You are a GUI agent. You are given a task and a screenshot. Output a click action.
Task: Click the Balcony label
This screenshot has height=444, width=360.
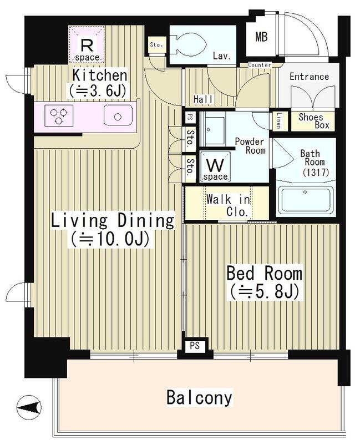pos(199,397)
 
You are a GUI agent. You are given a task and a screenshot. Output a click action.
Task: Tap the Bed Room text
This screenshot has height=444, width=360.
pos(265,274)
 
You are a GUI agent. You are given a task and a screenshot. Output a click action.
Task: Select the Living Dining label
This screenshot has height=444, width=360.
pos(113,221)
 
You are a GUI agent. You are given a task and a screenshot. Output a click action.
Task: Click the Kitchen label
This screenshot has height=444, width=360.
pos(100,75)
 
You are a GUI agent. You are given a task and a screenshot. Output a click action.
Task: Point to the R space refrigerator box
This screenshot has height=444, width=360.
pos(87,44)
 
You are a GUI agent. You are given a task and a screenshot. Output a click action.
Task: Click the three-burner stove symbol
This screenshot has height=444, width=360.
pos(59,115)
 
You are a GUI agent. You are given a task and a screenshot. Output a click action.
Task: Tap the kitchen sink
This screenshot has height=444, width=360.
pos(118,115)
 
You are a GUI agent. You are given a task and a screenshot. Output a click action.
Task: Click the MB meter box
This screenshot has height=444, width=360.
pos(261,37)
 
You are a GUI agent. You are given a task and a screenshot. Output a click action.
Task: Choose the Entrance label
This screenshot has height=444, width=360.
pos(309,77)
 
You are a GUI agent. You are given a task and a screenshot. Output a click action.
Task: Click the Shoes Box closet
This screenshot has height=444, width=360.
pos(313,121)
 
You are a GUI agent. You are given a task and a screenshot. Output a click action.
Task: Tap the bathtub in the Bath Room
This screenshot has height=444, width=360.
pos(305,199)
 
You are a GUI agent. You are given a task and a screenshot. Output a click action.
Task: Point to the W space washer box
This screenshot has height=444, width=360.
pos(216,167)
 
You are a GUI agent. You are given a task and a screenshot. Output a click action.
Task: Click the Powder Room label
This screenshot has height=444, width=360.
pos(250,145)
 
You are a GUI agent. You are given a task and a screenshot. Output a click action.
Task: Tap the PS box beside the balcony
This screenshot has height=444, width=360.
pos(195,346)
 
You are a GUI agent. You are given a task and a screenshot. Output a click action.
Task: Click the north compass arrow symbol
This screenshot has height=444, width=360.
pos(29,407)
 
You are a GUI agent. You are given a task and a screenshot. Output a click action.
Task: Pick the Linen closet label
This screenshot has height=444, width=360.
pos(279,120)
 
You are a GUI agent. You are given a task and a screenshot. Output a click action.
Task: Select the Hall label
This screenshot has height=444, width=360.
pos(204,99)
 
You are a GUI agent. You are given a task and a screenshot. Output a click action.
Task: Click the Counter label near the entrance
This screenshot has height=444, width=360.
pos(260,65)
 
